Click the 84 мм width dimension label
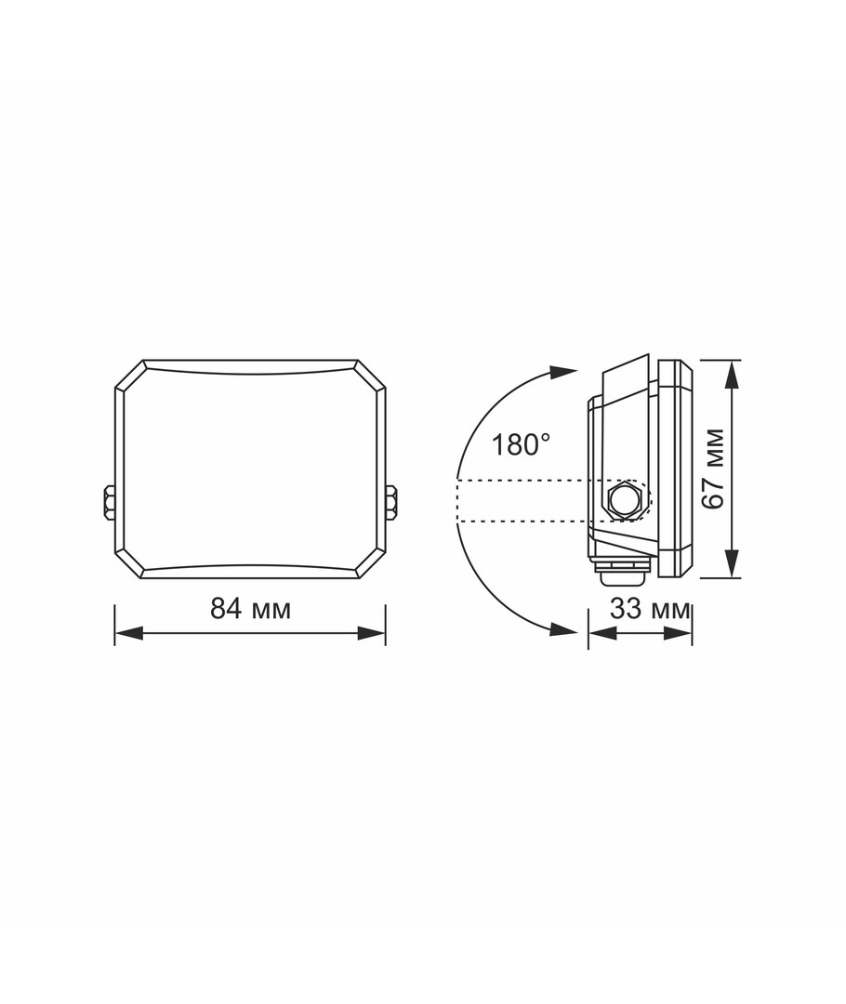[x=250, y=608]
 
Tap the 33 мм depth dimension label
[x=650, y=608]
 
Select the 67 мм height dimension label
[x=713, y=468]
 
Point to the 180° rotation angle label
[x=520, y=444]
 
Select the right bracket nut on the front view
[x=390, y=502]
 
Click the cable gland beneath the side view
[x=622, y=571]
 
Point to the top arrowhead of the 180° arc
[x=564, y=372]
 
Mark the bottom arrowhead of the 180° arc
[x=564, y=630]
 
